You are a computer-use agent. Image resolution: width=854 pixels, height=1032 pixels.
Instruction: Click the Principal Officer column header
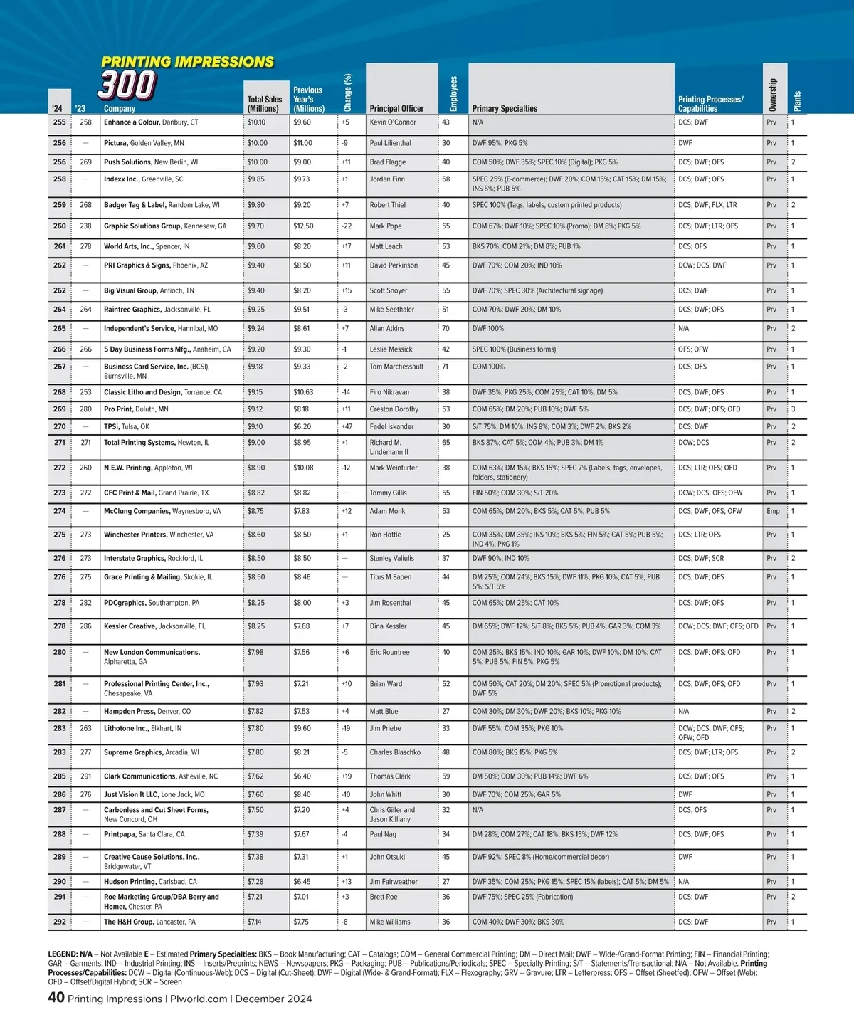coord(396,109)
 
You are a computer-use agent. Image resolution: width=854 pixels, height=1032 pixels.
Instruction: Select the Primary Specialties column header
coord(505,109)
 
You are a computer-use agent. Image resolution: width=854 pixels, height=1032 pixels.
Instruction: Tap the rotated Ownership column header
coord(772,95)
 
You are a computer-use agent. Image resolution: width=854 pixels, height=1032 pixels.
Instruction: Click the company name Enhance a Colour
coord(132,122)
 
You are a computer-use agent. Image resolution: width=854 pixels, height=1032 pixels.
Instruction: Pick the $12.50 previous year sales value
coord(303,226)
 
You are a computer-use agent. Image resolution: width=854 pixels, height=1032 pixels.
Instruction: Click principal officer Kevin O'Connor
coord(393,122)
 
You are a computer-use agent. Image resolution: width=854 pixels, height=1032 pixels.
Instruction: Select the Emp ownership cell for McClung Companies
coord(773,511)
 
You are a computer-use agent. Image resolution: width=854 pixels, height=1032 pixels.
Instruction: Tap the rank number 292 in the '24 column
coord(60,922)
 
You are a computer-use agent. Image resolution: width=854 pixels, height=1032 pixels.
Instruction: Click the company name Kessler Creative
coord(130,626)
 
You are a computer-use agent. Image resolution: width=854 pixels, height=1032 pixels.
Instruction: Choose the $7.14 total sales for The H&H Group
coord(254,922)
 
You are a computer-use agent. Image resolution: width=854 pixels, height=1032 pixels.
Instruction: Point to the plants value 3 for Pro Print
coord(794,409)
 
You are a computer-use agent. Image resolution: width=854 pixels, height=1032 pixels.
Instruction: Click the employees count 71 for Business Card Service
coord(446,367)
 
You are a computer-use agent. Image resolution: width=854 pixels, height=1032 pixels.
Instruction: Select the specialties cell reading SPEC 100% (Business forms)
coord(514,349)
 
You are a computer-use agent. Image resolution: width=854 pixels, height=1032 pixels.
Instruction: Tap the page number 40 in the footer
coord(56,998)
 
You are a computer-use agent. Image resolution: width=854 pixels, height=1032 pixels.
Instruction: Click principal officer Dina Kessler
coord(388,626)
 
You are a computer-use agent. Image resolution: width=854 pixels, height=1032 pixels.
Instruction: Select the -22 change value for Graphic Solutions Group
coord(347,226)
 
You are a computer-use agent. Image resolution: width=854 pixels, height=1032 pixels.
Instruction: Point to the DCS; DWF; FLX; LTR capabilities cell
coord(707,205)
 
